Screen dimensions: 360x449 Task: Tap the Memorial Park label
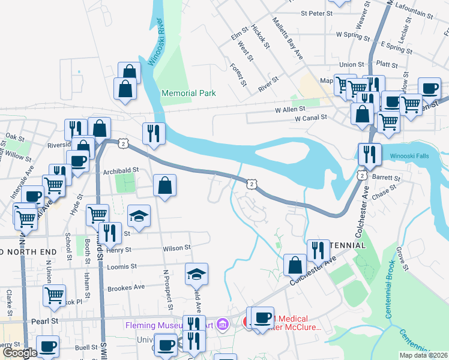tap(188, 94)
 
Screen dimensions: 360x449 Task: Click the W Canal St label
tap(310, 119)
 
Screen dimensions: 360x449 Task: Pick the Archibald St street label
tap(121, 170)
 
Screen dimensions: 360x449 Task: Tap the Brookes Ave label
tap(126, 287)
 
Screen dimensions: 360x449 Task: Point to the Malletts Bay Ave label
tap(287, 38)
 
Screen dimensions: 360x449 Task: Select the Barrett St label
tap(386, 178)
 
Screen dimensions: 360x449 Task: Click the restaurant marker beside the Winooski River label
tap(154, 135)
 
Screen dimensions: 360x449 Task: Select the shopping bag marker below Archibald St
tap(165, 186)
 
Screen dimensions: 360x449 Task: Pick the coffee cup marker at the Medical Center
tap(262, 319)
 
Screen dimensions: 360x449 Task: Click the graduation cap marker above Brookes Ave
tap(196, 275)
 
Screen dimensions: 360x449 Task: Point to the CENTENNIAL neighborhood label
tap(345, 246)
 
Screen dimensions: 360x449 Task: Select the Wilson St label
tap(176, 248)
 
